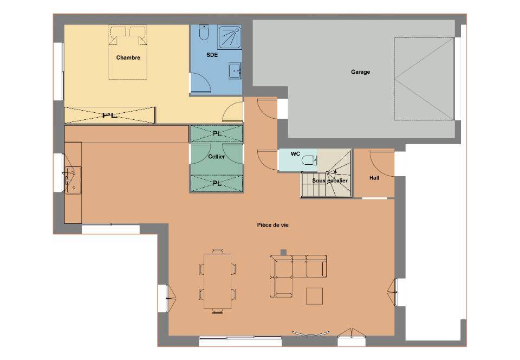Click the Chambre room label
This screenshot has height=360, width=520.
pyautogui.click(x=128, y=57)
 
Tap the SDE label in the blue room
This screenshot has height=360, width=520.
pyautogui.click(x=212, y=55)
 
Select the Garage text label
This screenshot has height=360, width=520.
pyautogui.click(x=361, y=72)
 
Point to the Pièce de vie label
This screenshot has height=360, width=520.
pyautogui.click(x=272, y=225)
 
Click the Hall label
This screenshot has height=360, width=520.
pyautogui.click(x=374, y=178)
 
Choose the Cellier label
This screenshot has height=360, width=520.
pyautogui.click(x=217, y=157)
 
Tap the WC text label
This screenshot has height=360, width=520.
pyautogui.click(x=295, y=154)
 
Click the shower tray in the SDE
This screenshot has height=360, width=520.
pyautogui.click(x=230, y=37)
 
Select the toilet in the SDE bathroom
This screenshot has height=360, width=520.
pyautogui.click(x=204, y=33)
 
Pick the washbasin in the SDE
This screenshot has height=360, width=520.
pyautogui.click(x=235, y=70)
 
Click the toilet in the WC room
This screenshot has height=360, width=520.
pyautogui.click(x=309, y=160)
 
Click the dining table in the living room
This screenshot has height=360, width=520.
pyautogui.click(x=218, y=281)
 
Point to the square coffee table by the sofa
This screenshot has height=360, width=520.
pyautogui.click(x=314, y=296)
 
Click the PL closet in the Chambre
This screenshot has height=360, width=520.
pyautogui.click(x=109, y=115)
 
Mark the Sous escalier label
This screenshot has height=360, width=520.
pyautogui.click(x=330, y=181)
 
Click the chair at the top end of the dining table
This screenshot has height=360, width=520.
pyautogui.click(x=218, y=252)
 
